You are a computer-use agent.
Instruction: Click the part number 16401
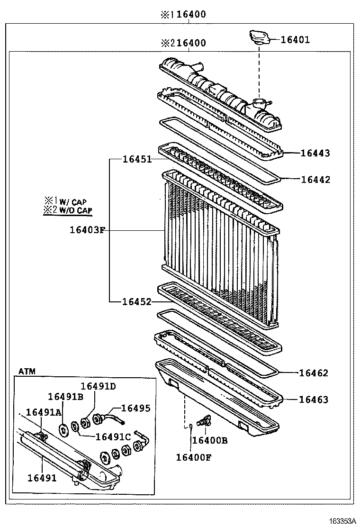(x=295, y=40)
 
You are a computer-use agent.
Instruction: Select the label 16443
(x=315, y=153)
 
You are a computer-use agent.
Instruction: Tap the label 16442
(x=315, y=180)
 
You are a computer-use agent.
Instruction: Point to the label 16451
(x=137, y=160)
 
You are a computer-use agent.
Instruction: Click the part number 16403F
(x=87, y=231)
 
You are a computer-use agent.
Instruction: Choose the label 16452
(x=137, y=302)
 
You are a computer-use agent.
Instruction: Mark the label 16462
(x=313, y=373)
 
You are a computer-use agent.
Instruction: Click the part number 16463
(x=313, y=400)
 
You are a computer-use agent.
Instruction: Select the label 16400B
(x=209, y=441)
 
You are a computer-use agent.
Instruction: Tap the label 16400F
(x=194, y=457)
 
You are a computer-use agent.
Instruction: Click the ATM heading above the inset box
(x=27, y=371)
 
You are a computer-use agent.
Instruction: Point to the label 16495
(x=136, y=408)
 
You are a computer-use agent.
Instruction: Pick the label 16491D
(x=98, y=386)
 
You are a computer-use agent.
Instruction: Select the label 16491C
(x=113, y=436)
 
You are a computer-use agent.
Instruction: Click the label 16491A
(x=44, y=412)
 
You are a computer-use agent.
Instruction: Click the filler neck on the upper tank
(x=259, y=103)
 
